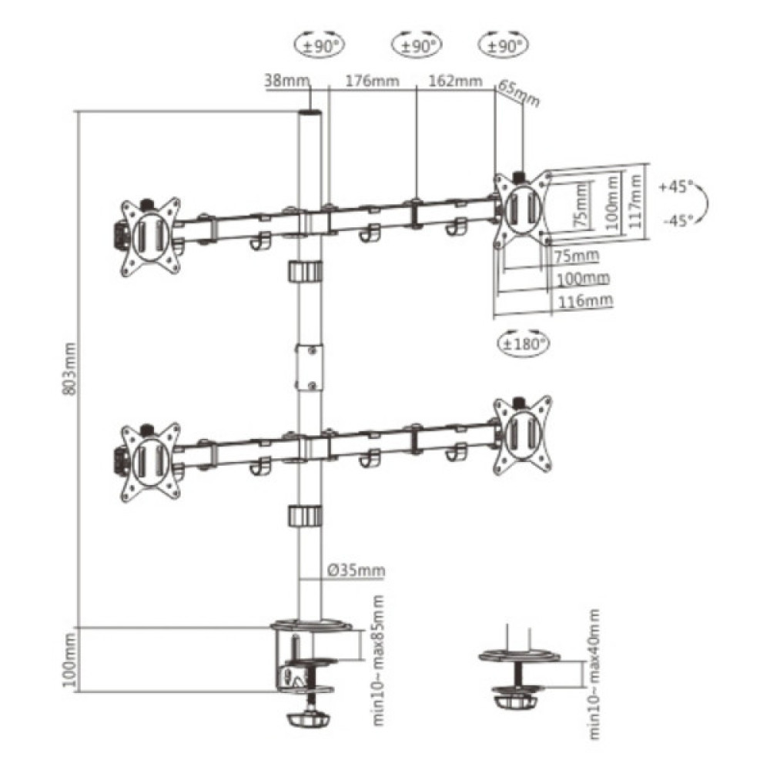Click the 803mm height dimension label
pyautogui.click(x=71, y=369)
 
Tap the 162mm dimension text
pyautogui.click(x=457, y=81)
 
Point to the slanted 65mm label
pyautogui.click(x=518, y=93)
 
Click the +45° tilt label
pyautogui.click(x=676, y=187)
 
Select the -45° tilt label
pyautogui.click(x=676, y=220)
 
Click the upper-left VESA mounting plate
pyautogui.click(x=150, y=234)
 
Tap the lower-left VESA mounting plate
pyautogui.click(x=150, y=460)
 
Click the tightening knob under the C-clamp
pyautogui.click(x=310, y=719)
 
